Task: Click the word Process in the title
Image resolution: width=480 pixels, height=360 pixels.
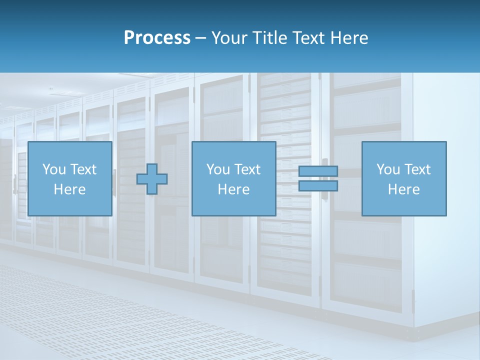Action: pyautogui.click(x=157, y=38)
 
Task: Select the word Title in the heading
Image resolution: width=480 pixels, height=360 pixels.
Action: pyautogui.click(x=271, y=38)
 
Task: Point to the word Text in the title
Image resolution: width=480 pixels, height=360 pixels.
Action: pyautogui.click(x=308, y=38)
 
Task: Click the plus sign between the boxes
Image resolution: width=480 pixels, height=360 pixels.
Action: pyautogui.click(x=152, y=179)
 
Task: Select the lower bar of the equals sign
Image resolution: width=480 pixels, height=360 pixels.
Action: pyautogui.click(x=318, y=186)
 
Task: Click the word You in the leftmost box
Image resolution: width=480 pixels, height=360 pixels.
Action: pyautogui.click(x=54, y=169)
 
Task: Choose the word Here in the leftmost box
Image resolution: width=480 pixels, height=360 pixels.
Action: pyautogui.click(x=69, y=189)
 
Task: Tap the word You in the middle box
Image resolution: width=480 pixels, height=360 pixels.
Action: pyautogui.click(x=218, y=169)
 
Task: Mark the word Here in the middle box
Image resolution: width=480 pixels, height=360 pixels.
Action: pyautogui.click(x=233, y=189)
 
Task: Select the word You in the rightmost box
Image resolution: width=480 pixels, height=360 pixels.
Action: pyautogui.click(x=388, y=169)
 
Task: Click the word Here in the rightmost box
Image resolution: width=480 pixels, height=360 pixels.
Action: pyautogui.click(x=403, y=189)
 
